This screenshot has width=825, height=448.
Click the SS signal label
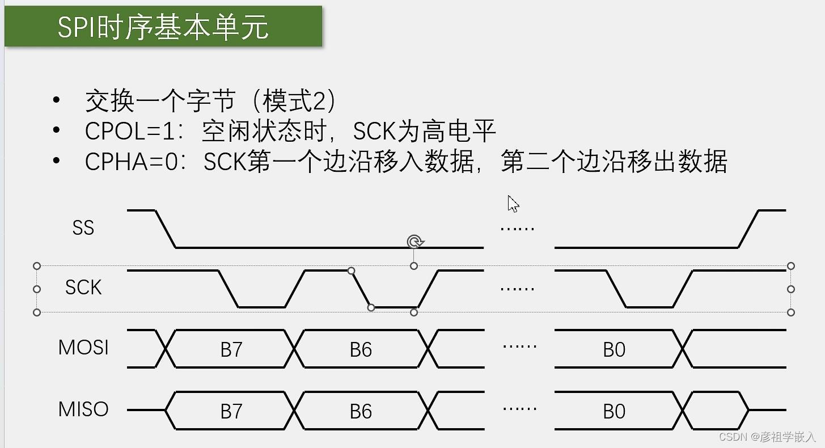tap(83, 228)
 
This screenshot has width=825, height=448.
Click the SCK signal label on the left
tap(83, 288)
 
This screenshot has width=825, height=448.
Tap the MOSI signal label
tap(83, 348)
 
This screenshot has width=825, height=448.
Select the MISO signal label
tap(83, 409)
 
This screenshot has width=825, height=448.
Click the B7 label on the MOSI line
tap(231, 350)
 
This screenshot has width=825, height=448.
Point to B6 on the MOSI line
tap(361, 350)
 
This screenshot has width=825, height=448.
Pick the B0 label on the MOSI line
tap(614, 350)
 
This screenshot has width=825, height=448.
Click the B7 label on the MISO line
tap(231, 411)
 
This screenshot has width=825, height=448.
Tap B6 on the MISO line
tap(361, 411)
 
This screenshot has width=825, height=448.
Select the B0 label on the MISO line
tap(614, 411)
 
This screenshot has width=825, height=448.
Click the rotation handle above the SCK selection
tap(415, 242)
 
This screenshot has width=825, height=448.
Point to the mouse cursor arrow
tap(513, 203)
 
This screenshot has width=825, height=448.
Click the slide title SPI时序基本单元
tap(163, 27)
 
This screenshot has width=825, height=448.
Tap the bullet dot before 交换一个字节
tap(56, 100)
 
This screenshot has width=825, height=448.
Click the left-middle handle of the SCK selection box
tap(37, 289)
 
